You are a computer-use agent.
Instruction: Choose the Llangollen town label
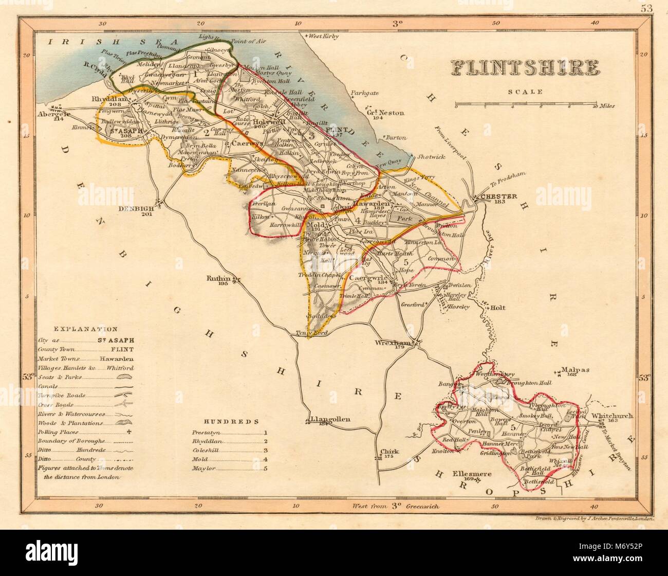(x=331, y=419)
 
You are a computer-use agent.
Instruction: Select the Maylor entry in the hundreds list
(x=203, y=469)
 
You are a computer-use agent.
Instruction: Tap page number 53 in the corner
(x=647, y=8)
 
